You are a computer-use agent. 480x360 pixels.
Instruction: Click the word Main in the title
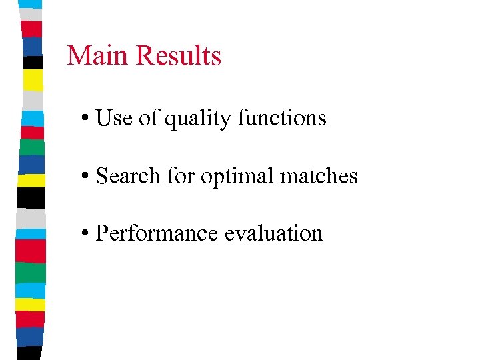click(91, 55)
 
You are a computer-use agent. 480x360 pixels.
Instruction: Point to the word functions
click(282, 118)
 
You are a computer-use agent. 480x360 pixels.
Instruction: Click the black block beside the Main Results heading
click(33, 62)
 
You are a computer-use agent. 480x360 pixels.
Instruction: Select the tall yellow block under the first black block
click(33, 80)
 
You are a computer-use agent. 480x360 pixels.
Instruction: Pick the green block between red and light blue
click(33, 272)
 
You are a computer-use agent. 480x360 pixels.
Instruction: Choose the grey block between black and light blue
click(33, 217)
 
